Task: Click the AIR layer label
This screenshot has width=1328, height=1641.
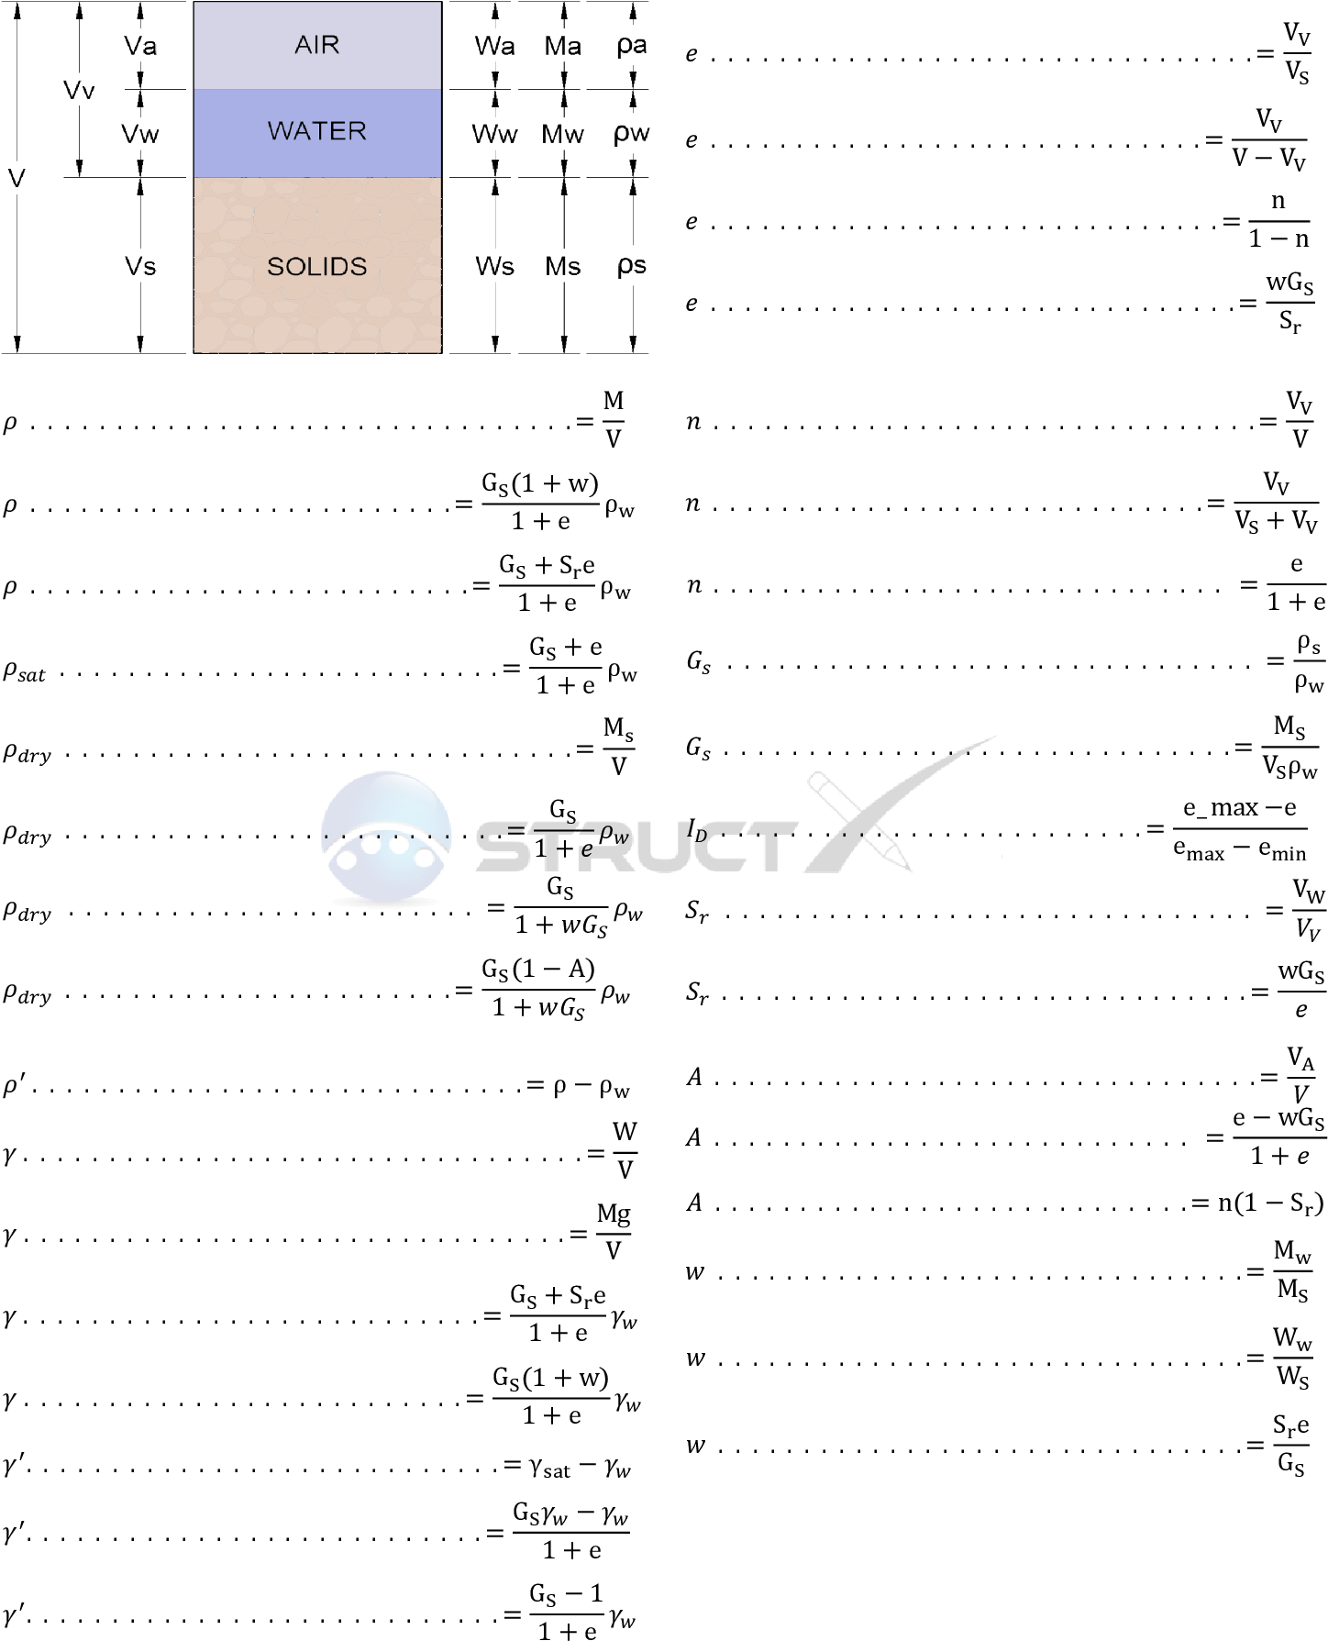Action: coord(317,45)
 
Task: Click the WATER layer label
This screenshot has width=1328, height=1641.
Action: coord(317,131)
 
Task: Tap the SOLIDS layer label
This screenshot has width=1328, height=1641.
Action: coord(317,267)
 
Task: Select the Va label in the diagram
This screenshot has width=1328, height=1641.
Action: coord(140,46)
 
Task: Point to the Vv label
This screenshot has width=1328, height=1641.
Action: coord(79,90)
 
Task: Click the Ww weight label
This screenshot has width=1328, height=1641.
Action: coord(494,134)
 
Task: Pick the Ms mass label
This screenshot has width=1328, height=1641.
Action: coord(563,267)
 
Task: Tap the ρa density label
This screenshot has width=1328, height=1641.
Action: coord(632,46)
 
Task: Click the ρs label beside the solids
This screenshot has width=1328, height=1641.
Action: coord(632,266)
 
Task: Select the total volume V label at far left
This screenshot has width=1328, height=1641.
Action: coord(16,178)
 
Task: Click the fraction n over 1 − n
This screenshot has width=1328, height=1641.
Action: coord(1278,220)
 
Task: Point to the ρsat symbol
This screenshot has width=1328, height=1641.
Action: coord(25,672)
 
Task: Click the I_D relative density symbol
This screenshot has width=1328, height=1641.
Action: coord(697,830)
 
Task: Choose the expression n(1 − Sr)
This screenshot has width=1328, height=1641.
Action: coord(1270,1203)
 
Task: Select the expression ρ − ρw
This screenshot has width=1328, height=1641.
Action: coord(592,1088)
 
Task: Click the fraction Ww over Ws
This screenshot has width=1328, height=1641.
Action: coord(1292,1357)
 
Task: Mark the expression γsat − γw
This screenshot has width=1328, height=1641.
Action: coord(581,1468)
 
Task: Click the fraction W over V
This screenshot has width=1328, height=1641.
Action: coord(625,1150)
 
